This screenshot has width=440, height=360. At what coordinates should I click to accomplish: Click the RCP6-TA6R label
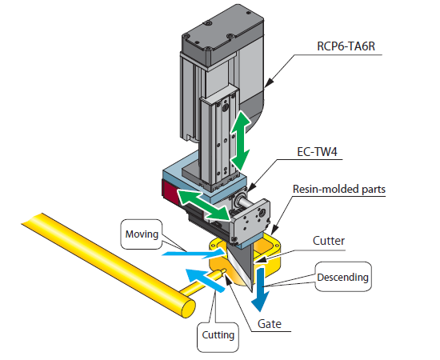pyautogui.click(x=346, y=46)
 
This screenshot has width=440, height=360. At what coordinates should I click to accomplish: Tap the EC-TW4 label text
pyautogui.click(x=317, y=152)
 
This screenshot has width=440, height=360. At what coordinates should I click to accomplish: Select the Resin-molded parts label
pyautogui.click(x=339, y=189)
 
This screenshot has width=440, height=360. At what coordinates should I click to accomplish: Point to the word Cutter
pyautogui.click(x=329, y=241)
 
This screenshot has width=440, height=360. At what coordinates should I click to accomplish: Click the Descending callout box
pyautogui.click(x=343, y=277)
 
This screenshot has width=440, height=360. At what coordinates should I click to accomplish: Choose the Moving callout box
pyautogui.click(x=142, y=234)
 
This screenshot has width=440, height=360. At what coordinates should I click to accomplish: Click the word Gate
pyautogui.click(x=270, y=324)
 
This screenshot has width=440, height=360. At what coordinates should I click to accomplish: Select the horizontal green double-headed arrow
pyautogui.click(x=204, y=205)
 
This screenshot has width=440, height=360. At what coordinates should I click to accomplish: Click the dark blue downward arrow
pyautogui.click(x=261, y=289)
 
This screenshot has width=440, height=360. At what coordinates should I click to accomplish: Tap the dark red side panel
pyautogui.click(x=170, y=193)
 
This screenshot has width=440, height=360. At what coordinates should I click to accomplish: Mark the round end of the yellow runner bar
pyautogui.click(x=188, y=308)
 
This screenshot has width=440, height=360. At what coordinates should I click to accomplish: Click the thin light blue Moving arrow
pyautogui.click(x=194, y=254)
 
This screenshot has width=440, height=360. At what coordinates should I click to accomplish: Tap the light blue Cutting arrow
pyautogui.click(x=205, y=280)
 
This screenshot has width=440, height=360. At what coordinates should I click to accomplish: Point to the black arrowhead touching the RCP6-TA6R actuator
pyautogui.click(x=269, y=82)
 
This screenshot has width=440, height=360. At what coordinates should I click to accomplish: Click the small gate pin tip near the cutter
pyautogui.click(x=223, y=272)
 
